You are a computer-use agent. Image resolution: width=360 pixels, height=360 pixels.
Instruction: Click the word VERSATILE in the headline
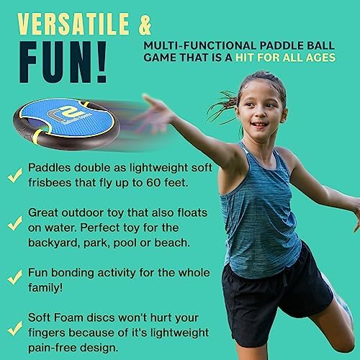point(73,24)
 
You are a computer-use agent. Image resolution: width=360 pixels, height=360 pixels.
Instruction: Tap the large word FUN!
point(63,62)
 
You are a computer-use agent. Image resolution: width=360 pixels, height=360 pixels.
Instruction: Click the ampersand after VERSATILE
point(145,24)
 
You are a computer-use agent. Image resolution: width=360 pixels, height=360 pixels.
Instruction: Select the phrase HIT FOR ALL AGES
point(285,58)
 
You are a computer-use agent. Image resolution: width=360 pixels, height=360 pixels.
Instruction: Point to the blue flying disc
point(66,123)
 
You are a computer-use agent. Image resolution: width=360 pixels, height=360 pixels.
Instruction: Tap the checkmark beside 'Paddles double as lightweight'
point(14,175)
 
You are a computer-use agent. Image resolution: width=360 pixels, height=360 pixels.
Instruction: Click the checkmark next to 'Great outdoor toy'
point(14,223)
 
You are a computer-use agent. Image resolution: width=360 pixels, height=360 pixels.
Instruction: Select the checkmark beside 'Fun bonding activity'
point(14,277)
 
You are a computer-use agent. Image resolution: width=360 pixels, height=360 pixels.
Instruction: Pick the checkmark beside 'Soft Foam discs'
point(14,328)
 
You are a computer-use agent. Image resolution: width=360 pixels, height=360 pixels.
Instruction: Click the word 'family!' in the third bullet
point(45,287)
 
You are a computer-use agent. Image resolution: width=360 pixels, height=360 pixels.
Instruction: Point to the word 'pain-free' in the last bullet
point(52,348)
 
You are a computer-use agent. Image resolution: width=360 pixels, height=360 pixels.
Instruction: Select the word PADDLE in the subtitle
point(280,45)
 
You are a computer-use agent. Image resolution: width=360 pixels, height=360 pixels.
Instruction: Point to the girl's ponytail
point(222,106)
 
